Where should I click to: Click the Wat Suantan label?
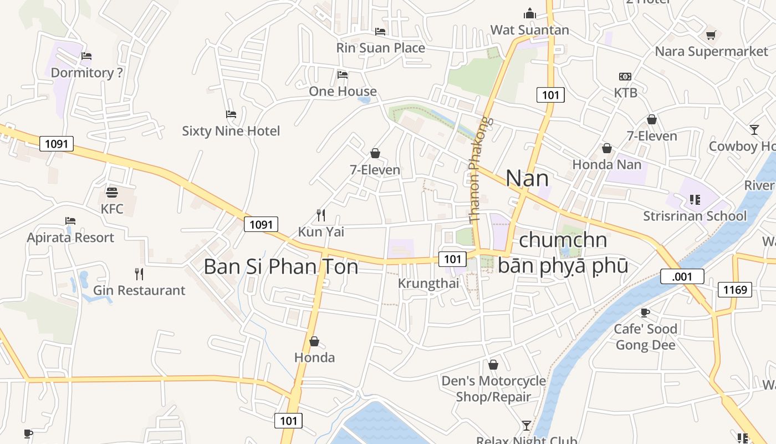point(530,30)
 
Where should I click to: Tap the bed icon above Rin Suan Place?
point(380,32)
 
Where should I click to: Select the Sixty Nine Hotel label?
point(231,131)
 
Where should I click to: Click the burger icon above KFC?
point(112,193)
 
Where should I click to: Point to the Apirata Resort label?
point(70,238)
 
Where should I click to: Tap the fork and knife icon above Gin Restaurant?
point(139,274)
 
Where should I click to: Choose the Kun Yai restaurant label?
point(321,231)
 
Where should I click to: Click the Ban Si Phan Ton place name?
point(280,266)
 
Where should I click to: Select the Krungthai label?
point(428,283)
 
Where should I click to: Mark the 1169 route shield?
point(735,289)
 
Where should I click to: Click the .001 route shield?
point(682,276)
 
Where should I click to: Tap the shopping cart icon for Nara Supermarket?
point(711,36)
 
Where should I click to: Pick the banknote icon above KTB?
point(625,77)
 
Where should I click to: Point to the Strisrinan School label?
point(695,216)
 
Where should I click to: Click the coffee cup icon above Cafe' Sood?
point(645,312)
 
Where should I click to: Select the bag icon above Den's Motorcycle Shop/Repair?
point(493,365)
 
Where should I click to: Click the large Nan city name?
point(527,178)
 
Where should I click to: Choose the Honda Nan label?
point(606,164)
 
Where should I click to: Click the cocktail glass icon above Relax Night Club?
point(527,426)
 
